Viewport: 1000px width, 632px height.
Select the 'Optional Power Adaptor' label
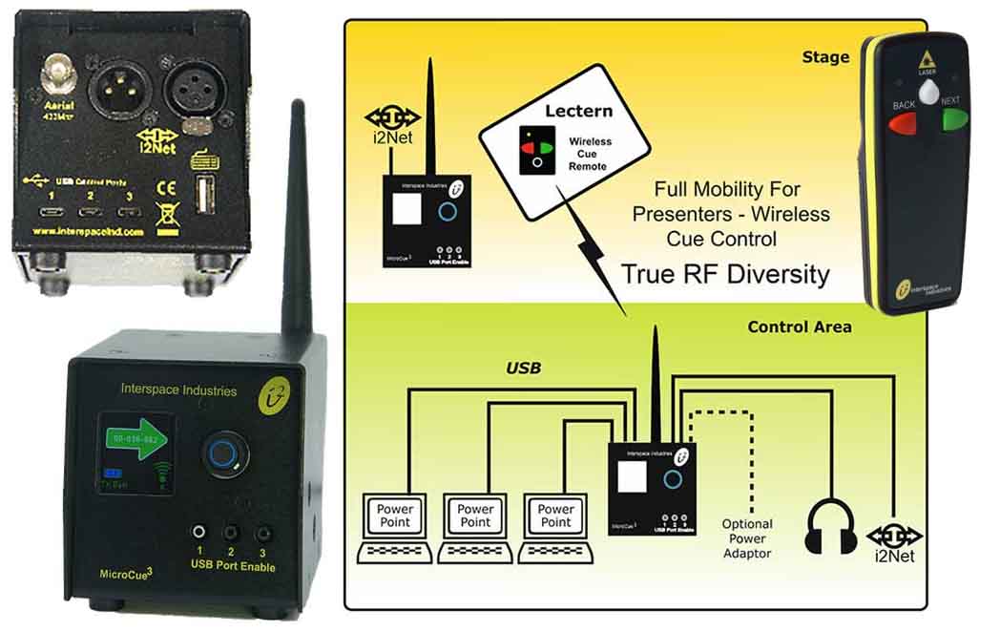[x=747, y=538]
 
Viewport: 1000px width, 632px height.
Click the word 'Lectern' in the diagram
[x=578, y=112]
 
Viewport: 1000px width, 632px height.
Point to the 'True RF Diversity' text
[x=726, y=274]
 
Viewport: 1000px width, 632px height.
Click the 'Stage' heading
[x=825, y=57]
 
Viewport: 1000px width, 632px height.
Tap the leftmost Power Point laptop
[x=394, y=530]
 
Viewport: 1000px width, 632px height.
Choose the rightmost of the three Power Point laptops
[x=555, y=530]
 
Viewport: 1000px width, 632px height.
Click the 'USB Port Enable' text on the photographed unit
[x=233, y=567]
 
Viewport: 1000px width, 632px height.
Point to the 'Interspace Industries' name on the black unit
[x=178, y=389]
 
